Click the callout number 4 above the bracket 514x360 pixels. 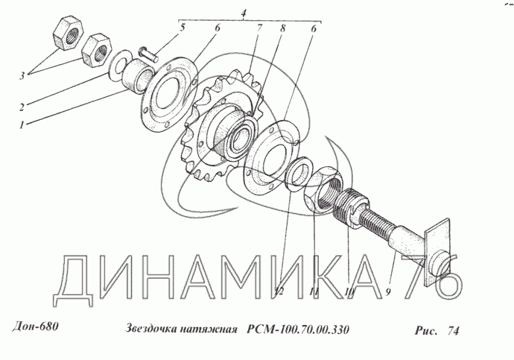click(244, 13)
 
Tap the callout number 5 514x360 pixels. click(182, 28)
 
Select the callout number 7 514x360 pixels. click(259, 28)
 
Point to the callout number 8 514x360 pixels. click(282, 28)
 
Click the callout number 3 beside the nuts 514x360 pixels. click(22, 76)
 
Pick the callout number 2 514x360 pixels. click(22, 107)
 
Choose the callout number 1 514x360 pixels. click(22, 125)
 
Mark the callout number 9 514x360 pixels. click(388, 292)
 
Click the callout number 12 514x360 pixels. click(279, 291)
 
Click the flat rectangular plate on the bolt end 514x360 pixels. click(438, 253)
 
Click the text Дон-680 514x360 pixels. click(36, 327)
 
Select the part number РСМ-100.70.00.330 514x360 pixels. click(298, 329)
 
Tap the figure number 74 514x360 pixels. click(454, 331)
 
